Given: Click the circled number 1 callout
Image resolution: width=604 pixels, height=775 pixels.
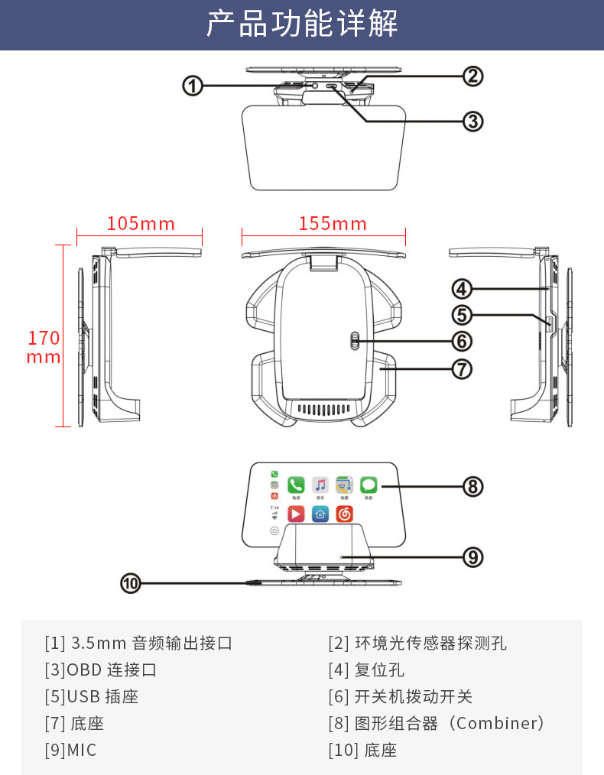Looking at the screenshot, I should [x=192, y=86].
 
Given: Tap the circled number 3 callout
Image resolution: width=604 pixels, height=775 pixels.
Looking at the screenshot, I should [x=472, y=121].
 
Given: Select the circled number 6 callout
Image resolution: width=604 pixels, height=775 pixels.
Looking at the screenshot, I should [x=462, y=341].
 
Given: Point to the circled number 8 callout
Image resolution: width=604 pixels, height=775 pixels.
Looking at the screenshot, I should [x=472, y=486].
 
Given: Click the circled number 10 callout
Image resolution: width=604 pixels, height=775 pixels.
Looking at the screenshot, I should [x=132, y=584].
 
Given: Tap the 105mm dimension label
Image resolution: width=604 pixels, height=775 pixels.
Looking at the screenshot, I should [x=141, y=224].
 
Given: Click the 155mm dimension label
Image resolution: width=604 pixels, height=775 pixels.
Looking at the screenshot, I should [x=333, y=224].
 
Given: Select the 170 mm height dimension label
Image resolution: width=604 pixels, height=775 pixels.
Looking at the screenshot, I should [x=44, y=347].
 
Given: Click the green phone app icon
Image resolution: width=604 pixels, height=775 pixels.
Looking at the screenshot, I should [x=296, y=485].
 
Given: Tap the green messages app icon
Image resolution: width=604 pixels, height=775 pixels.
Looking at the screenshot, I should [x=369, y=485].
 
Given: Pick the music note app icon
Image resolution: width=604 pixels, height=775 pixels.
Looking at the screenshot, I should [x=320, y=485].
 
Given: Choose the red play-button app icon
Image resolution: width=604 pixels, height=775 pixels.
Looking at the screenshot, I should [x=296, y=514].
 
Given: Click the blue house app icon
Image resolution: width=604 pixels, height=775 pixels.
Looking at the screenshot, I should [x=320, y=514].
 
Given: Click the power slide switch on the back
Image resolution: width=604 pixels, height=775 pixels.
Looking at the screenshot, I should [x=353, y=341].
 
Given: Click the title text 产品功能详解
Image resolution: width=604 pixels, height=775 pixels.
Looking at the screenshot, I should [x=302, y=24].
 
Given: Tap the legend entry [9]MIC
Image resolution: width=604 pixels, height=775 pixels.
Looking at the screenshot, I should [x=71, y=751].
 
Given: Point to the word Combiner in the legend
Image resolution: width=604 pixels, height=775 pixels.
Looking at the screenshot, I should [x=493, y=723].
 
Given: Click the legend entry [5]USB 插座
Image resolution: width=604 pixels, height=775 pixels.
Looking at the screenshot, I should [x=92, y=697].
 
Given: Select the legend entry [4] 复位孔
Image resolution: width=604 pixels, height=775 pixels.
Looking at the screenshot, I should [x=366, y=670].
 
